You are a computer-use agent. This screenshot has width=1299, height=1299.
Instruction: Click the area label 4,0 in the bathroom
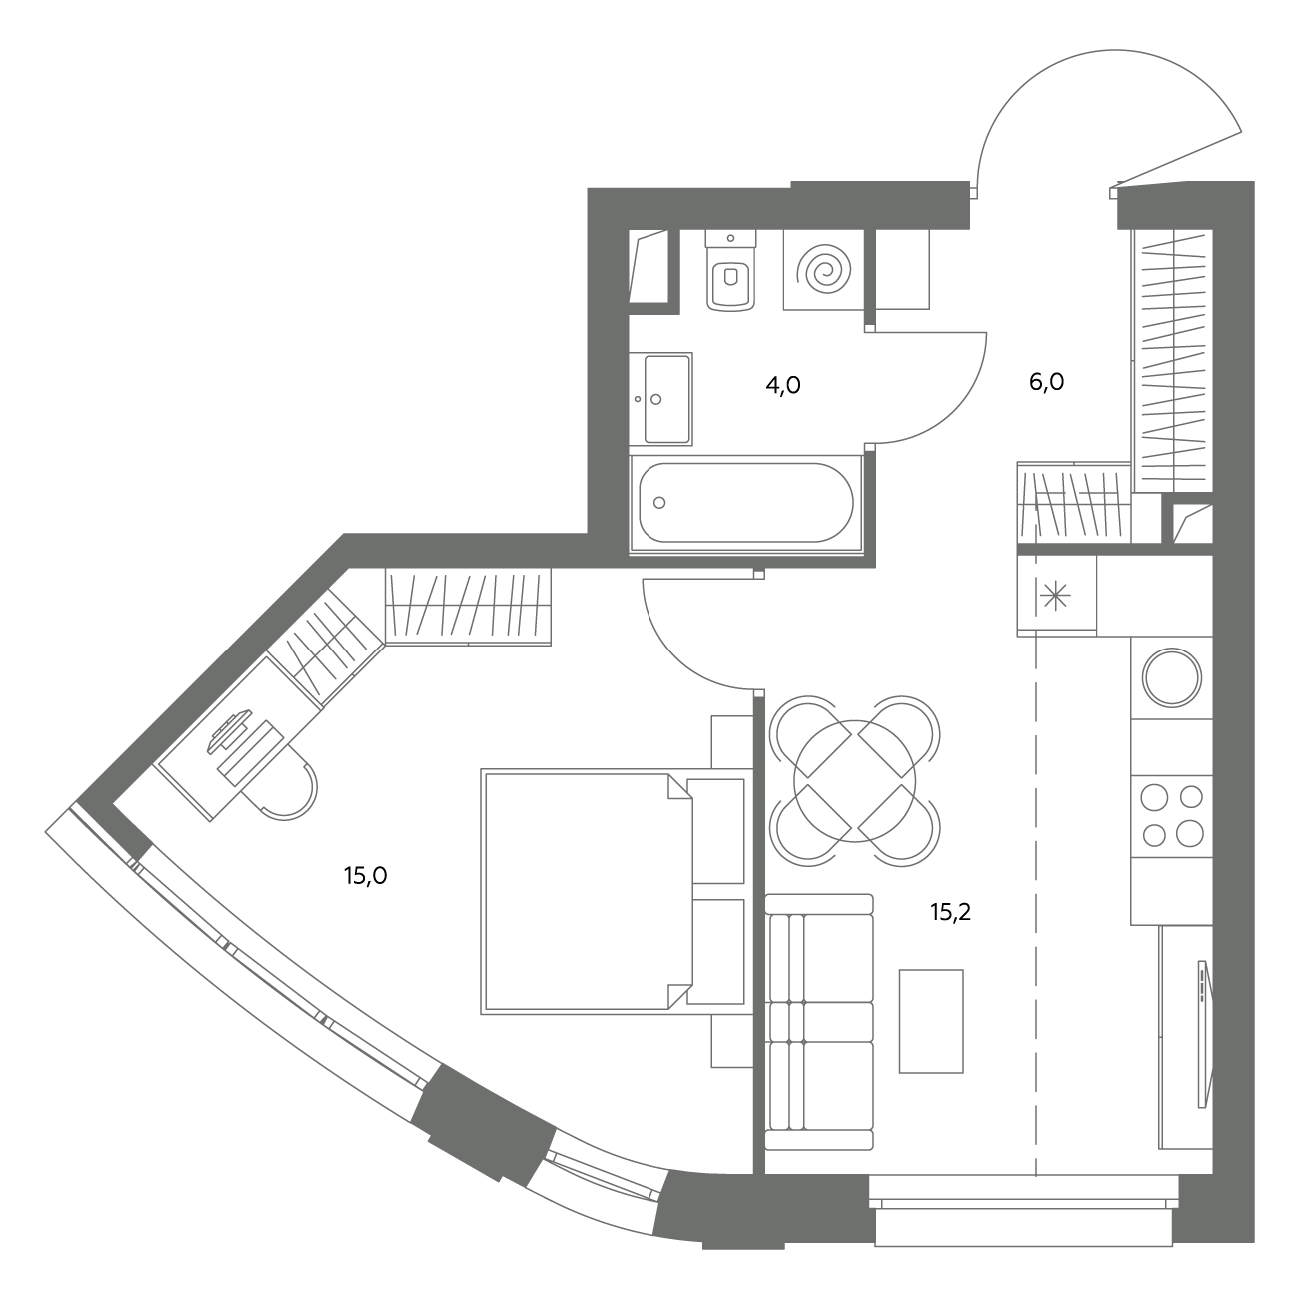[783, 386]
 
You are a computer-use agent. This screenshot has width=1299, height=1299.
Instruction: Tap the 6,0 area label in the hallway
[1046, 383]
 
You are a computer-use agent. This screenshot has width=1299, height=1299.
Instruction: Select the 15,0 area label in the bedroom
[365, 876]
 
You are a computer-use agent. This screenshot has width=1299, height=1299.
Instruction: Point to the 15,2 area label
[950, 912]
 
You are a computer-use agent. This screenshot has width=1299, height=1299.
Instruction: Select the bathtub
[746, 504]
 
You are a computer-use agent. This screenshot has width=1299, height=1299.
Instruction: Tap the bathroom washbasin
[661, 399]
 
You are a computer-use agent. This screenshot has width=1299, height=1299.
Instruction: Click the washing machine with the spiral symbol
[823, 270]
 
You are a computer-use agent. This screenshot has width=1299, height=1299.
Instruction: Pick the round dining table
[854, 781]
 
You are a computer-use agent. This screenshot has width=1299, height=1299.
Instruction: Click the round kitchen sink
[1172, 678]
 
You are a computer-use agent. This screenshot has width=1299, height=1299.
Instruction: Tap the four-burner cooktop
[1171, 816]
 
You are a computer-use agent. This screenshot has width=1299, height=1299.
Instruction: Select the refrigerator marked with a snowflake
[1056, 596]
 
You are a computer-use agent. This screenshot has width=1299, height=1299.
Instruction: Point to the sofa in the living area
[819, 1022]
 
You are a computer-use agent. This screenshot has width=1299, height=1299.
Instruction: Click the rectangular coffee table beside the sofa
[931, 1021]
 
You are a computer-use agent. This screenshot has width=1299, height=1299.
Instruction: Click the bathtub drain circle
[659, 503]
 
